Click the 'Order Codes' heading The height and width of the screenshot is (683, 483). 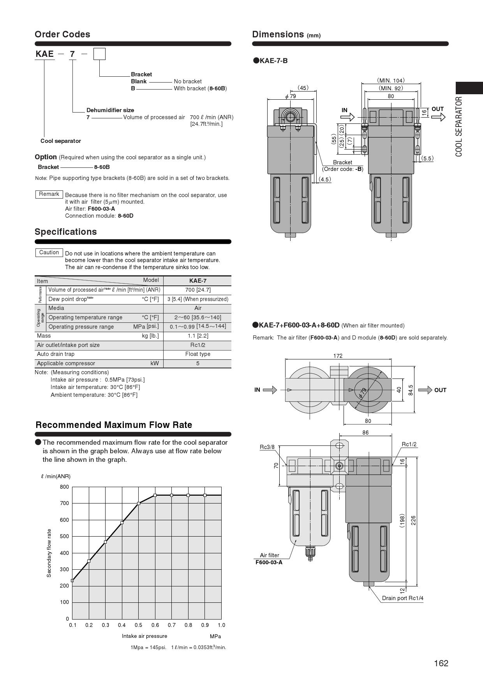coord(62,34)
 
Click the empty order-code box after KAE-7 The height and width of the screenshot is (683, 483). coord(99,54)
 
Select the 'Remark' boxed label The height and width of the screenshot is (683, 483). coord(49,194)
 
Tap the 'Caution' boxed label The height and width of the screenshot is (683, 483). coord(49,252)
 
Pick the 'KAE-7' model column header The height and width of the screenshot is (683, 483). coord(197,281)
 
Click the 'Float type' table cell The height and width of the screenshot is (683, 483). coord(197,354)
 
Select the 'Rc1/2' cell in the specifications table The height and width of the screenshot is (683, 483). coord(197,345)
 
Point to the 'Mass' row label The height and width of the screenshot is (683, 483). coord(44,336)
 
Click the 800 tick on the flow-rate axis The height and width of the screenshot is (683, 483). coord(64,487)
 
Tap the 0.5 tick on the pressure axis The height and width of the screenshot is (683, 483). coord(138,625)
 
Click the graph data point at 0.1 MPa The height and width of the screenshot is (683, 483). coord(72,580)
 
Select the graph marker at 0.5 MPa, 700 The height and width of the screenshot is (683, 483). coord(139,503)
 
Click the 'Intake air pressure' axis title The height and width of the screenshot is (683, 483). coord(144,636)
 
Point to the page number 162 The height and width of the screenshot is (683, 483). coord(441,663)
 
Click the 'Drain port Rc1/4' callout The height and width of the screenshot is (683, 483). coord(402,598)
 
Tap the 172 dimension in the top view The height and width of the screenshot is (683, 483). coord(338,356)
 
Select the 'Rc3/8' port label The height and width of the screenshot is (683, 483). coord(267,447)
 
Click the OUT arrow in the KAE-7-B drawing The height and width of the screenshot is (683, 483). coord(438,117)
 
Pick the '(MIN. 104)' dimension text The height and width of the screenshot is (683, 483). coord(391,81)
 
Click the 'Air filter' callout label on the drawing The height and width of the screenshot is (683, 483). coord(269,555)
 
